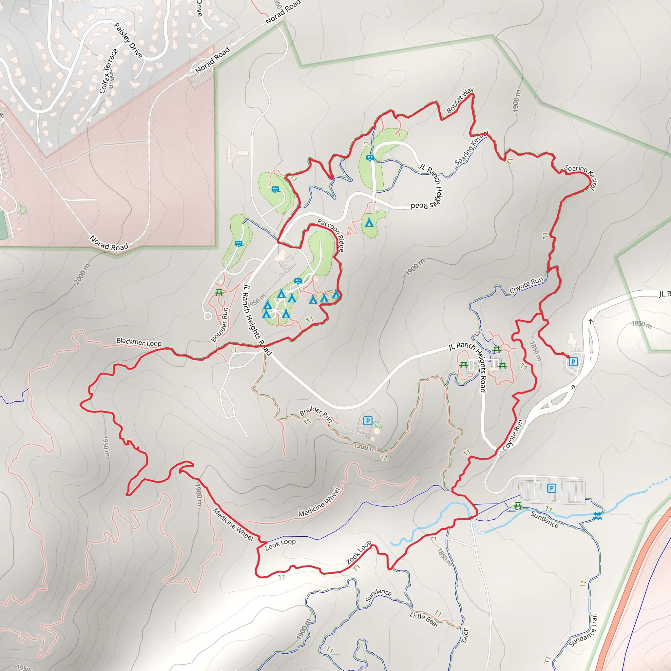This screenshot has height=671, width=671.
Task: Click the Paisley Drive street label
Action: tap(128, 41)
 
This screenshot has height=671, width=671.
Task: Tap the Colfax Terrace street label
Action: tap(108, 71)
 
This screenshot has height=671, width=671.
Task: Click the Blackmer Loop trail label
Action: tap(139, 342)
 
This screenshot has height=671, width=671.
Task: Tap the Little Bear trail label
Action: tap(424, 620)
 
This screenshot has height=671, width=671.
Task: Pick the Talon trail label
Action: tap(465, 635)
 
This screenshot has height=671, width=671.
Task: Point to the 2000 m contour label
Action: tap(82, 274)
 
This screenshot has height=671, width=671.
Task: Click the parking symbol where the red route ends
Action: tap(573, 362)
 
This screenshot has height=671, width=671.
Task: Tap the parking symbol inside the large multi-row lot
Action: tap(551, 488)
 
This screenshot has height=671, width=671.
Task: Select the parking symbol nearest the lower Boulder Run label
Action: tap(368, 421)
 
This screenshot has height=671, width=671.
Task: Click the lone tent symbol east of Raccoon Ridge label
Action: tap(369, 222)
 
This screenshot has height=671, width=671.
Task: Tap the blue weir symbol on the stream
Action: tap(597, 516)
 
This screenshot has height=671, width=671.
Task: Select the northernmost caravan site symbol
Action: tap(370, 158)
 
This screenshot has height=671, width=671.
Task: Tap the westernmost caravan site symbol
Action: tap(239, 244)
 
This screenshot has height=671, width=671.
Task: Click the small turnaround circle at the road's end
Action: tap(208, 316)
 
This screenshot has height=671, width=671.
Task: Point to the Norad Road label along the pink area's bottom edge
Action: tap(109, 243)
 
